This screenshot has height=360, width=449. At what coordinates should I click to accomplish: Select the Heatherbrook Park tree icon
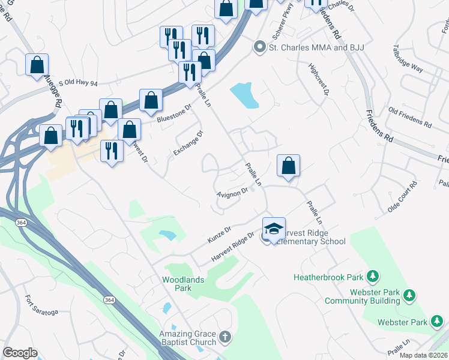373,277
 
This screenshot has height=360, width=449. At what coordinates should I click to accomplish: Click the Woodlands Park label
183,284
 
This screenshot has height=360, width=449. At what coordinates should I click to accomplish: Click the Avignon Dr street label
232,193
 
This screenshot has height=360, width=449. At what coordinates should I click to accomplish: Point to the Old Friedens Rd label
410,118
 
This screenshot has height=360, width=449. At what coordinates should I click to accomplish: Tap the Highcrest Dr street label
319,80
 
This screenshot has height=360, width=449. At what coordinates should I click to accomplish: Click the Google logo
20,353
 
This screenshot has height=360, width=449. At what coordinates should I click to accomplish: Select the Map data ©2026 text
423,355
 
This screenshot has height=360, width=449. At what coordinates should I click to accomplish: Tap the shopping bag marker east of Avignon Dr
288,166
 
